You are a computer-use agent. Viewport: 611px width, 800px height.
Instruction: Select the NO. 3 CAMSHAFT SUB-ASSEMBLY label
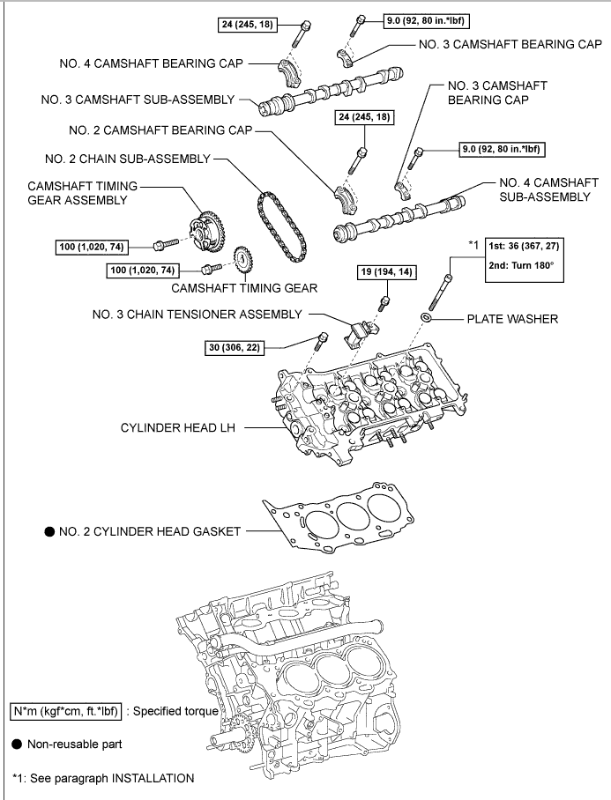(137, 100)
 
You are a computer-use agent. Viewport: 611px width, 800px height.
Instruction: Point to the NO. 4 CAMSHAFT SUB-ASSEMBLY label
(544, 190)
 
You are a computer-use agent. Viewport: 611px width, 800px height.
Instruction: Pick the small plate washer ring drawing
(426, 317)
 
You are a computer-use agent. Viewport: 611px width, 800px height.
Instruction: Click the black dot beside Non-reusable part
(17, 744)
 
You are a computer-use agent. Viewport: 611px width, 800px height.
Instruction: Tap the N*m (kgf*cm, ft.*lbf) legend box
(66, 711)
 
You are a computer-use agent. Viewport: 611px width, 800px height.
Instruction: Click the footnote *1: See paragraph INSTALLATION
(103, 778)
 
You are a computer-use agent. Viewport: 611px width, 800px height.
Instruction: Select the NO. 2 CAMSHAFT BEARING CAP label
(160, 130)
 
